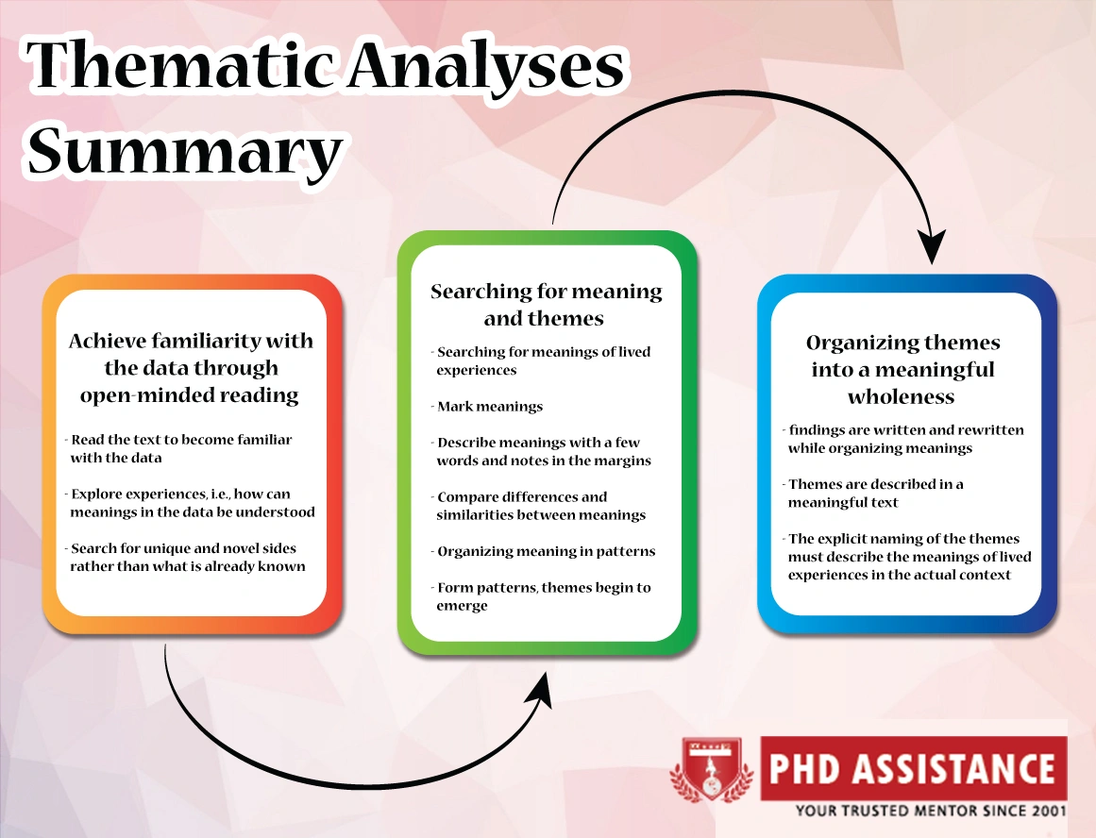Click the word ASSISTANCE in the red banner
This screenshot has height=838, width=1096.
tap(953, 768)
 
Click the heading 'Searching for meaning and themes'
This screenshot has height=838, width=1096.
tap(546, 304)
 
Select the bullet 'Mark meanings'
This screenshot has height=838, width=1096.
tap(487, 406)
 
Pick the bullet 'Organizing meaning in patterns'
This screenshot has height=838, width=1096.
tap(543, 551)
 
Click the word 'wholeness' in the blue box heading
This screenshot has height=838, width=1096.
tap(901, 396)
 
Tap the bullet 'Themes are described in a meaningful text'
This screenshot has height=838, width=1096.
tap(873, 493)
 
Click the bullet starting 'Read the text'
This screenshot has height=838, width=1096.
tap(179, 448)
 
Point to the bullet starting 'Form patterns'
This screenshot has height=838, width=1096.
tap(541, 596)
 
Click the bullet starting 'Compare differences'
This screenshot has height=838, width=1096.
tap(538, 505)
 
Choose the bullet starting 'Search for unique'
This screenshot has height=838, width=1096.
tap(185, 557)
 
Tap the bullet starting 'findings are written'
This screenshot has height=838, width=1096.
tap(903, 439)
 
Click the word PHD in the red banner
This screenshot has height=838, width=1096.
tap(803, 768)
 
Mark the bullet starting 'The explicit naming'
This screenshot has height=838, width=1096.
tap(907, 557)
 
